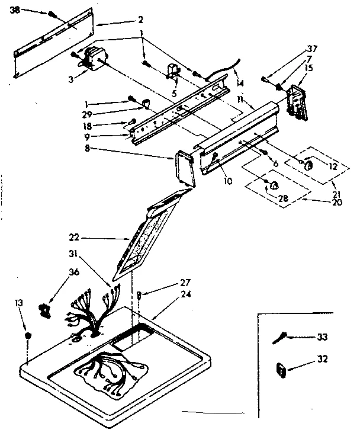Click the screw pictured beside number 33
click(x=280, y=338)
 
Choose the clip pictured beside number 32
click(x=281, y=370)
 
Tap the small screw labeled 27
click(x=138, y=294)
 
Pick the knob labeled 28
click(x=274, y=185)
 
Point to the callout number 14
click(x=239, y=83)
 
